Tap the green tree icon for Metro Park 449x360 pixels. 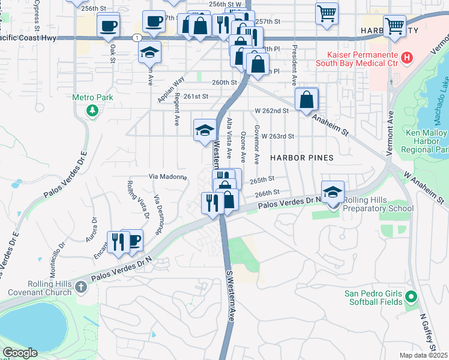pos(92,110)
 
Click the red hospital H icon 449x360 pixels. pos(408,58)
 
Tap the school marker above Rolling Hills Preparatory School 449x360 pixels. pos(333,193)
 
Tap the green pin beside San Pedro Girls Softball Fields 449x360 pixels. pos(411,296)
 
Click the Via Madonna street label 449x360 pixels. pos(167,177)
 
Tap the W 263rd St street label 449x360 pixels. pos(277,136)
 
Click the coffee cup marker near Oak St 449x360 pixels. pos(108,26)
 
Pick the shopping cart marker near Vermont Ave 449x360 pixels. pos(394,26)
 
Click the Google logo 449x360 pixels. pos(20,353)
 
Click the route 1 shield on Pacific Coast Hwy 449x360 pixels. pos(139,37)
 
